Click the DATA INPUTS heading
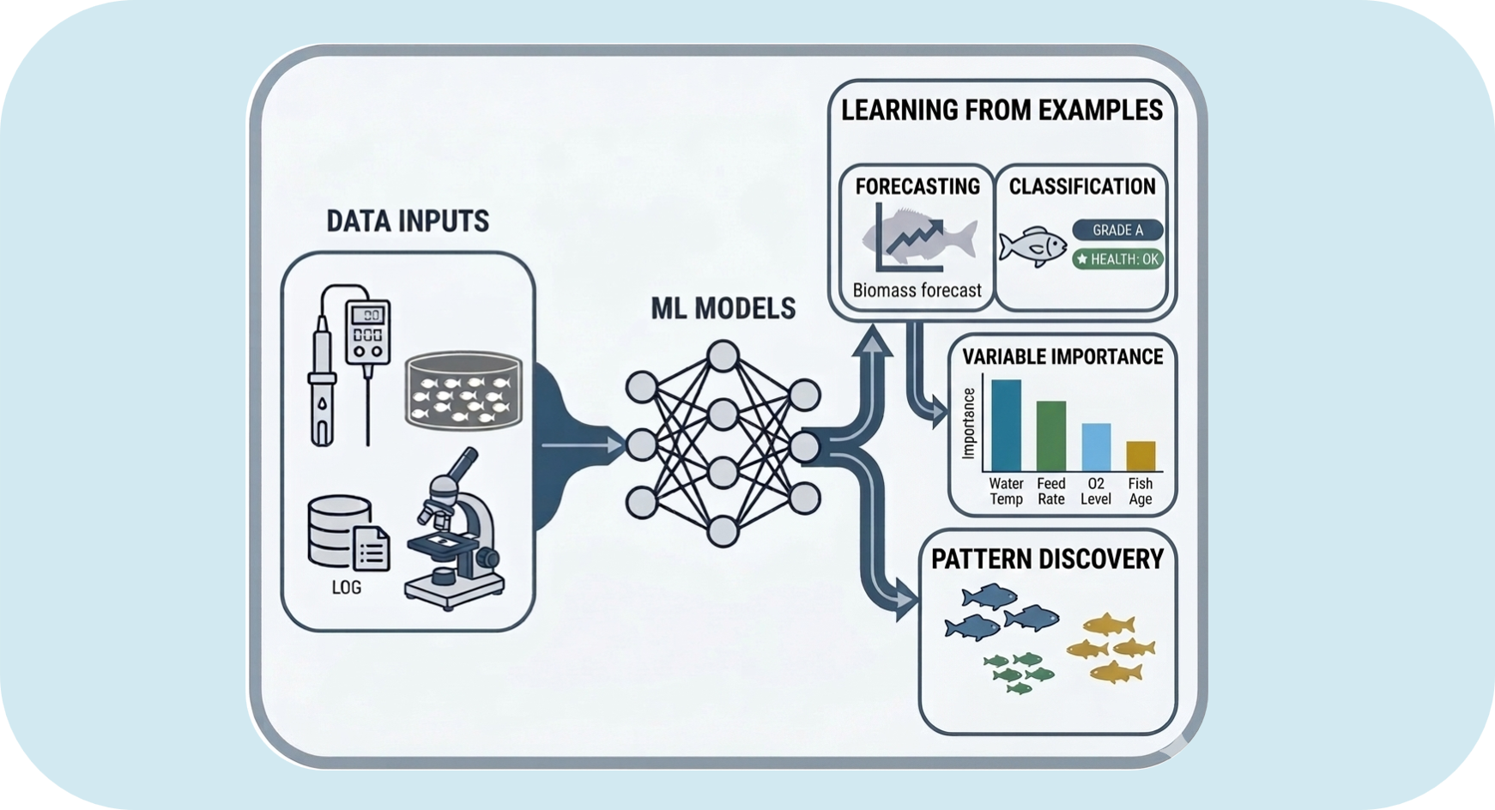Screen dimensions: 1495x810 point(408,221)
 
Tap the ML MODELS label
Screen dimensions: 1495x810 point(723,309)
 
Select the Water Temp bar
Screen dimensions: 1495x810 point(1006,426)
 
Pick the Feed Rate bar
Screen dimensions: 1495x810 point(1051,436)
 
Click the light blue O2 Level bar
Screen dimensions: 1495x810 point(1096,447)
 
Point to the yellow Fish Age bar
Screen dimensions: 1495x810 point(1141,456)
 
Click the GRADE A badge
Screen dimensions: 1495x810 point(1117,230)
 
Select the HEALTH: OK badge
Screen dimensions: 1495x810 point(1117,259)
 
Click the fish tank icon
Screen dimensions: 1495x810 point(463,390)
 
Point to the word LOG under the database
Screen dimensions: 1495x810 point(347,588)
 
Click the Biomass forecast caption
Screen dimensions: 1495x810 point(917,291)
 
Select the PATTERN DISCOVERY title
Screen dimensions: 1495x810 point(1047,559)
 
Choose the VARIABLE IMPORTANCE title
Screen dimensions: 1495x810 point(1062,357)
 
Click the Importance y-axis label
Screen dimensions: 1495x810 point(969,423)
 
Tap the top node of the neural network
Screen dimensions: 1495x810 point(723,356)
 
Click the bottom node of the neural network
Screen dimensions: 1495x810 point(723,532)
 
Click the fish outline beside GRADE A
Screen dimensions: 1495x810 point(1032,247)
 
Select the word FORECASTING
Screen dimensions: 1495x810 point(917,187)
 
